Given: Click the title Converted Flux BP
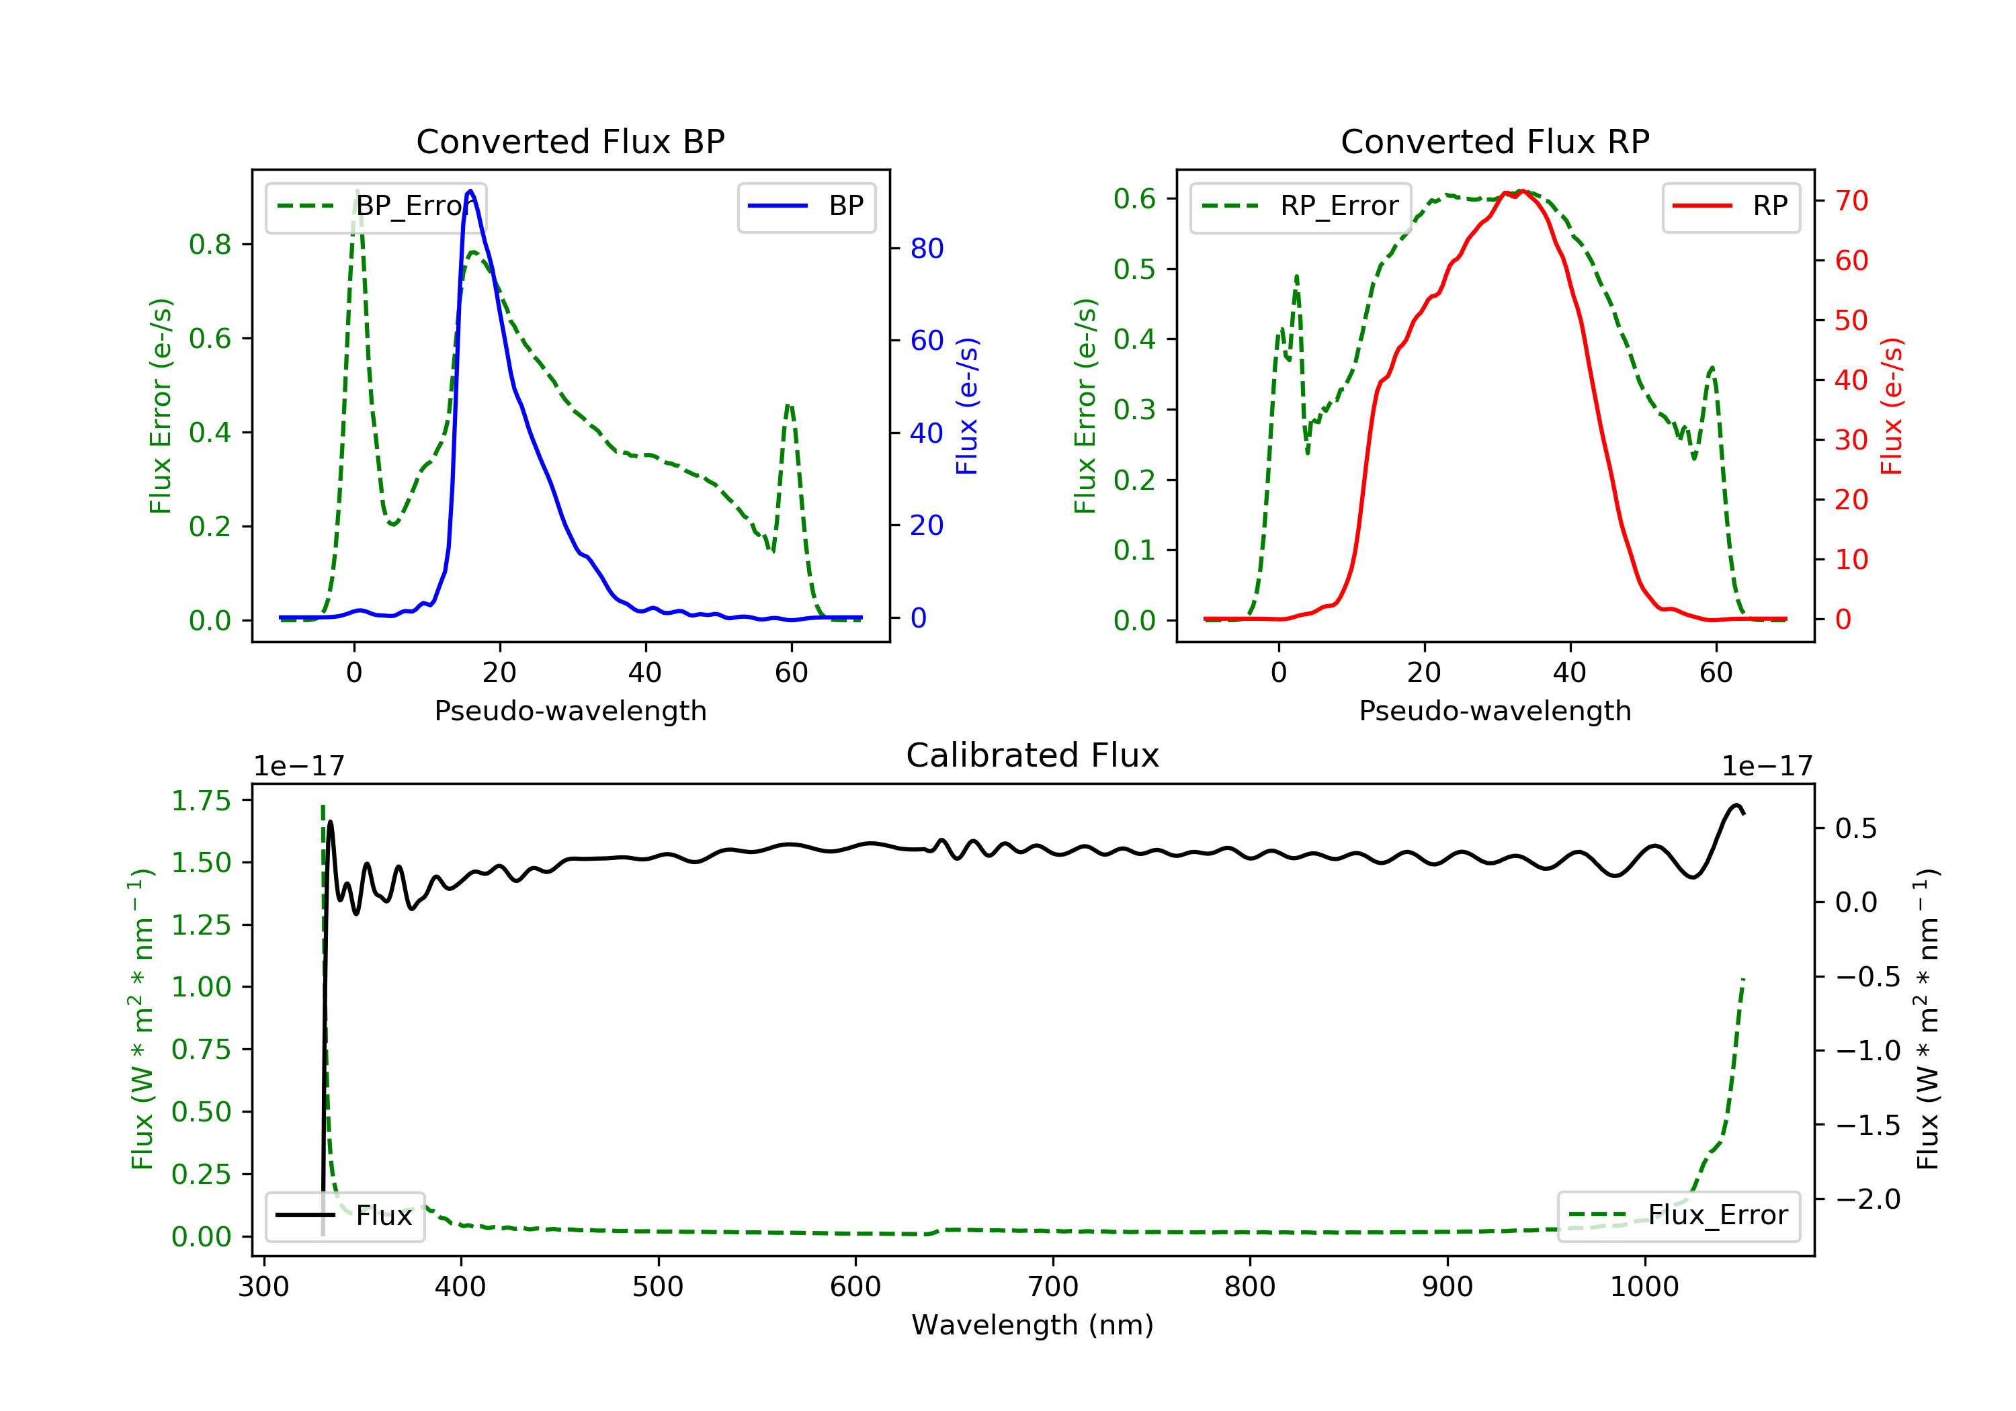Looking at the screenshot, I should (x=570, y=141).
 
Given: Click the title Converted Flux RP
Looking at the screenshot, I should (x=1495, y=141).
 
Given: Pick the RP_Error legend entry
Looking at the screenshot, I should (x=1300, y=206).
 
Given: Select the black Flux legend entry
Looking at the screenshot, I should (x=345, y=1215).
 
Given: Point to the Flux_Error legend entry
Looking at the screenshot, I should (x=1678, y=1215).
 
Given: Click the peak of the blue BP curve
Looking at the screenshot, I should (x=470, y=191).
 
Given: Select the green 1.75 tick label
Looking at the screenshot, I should (x=201, y=801).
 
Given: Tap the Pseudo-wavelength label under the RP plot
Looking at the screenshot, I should (x=1495, y=711).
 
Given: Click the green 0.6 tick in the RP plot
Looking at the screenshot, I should (x=1134, y=198).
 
